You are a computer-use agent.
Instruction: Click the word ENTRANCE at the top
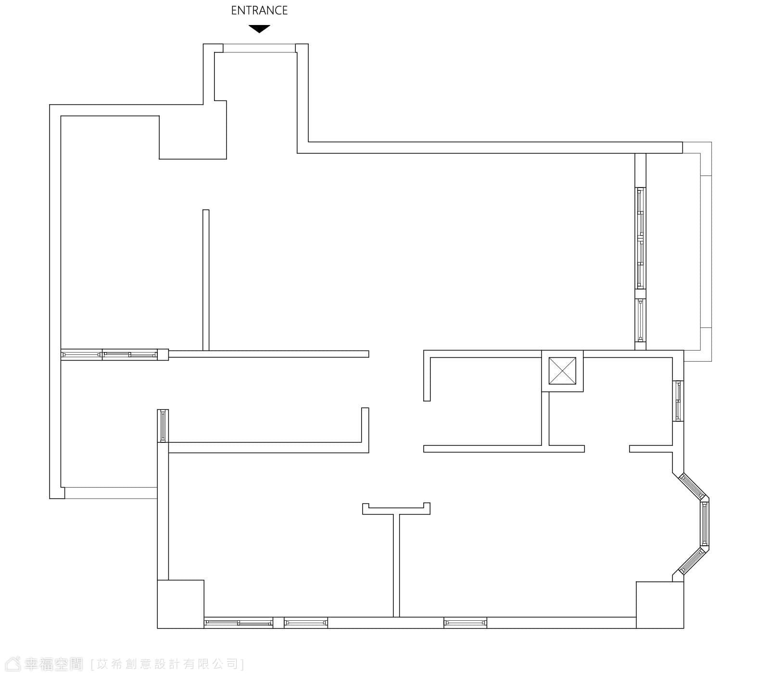[259, 11]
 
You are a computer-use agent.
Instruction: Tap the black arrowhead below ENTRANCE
[259, 29]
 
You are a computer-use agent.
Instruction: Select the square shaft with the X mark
[562, 371]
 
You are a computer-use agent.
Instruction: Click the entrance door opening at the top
[259, 48]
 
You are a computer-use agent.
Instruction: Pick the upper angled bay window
[692, 487]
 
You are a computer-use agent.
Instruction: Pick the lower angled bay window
[693, 561]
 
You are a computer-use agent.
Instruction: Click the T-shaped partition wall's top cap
[396, 509]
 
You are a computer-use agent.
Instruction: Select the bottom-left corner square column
[181, 604]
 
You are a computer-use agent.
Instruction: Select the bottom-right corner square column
[660, 605]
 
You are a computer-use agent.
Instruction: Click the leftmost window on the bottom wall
[239, 623]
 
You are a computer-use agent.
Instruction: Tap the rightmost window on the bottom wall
[465, 623]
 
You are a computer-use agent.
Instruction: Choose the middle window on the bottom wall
[306, 623]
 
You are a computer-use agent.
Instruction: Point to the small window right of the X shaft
[678, 401]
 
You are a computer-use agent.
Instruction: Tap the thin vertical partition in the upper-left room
[206, 280]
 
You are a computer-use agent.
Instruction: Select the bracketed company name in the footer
[167, 665]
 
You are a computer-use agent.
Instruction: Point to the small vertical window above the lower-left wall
[163, 426]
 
